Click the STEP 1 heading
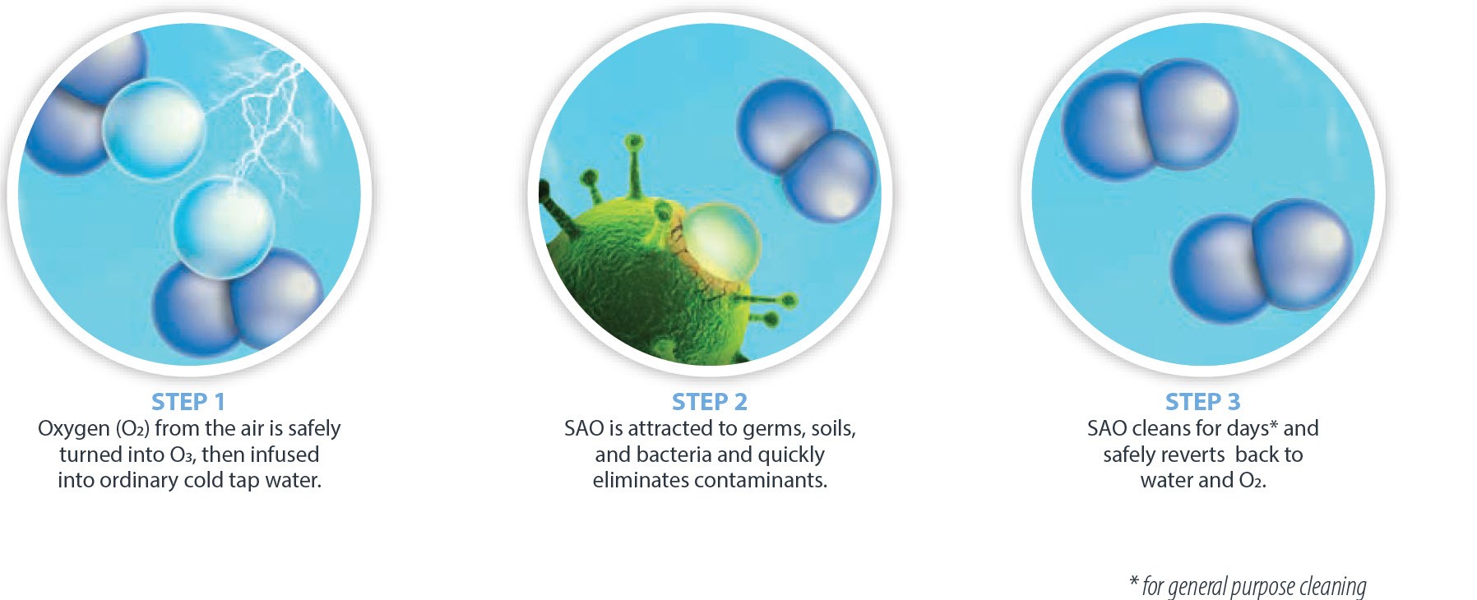(188, 402)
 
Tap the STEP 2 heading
(710, 402)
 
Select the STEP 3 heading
(1202, 402)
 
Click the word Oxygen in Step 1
(74, 429)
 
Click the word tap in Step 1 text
(245, 481)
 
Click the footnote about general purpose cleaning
(1248, 586)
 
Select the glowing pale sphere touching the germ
(721, 242)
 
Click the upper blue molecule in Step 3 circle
(1151, 120)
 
